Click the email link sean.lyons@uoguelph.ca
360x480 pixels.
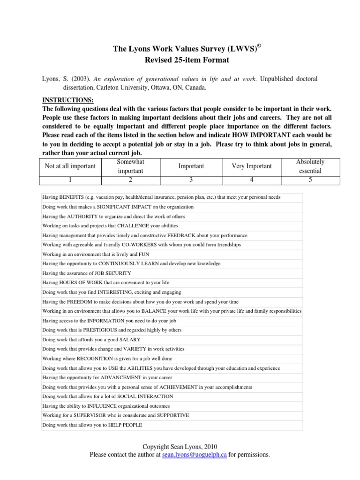point(195,455)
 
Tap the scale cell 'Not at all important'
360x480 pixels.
point(70,166)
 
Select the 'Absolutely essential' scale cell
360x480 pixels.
point(310,166)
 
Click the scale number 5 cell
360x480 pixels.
point(310,180)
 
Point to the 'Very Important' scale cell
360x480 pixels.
point(251,166)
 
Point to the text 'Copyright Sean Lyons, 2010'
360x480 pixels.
point(180,447)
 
